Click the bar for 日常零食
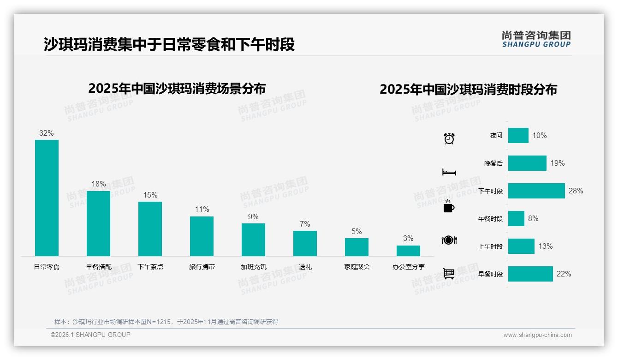coord(47,198)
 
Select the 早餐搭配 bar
coord(98,223)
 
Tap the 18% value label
coord(98,184)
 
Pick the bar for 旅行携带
coord(202,236)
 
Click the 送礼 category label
coord(305,267)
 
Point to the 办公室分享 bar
coord(408,251)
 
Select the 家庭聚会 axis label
coord(357,267)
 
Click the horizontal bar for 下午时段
coord(536,191)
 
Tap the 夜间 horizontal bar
coord(518,135)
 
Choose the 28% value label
coord(576,191)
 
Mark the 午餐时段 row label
coord(490,219)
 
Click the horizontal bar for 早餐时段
coord(530,274)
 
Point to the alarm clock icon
coord(449,138)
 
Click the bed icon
coord(449,172)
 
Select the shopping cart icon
coord(449,273)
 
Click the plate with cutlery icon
coord(449,240)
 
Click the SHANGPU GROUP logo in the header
coord(536,39)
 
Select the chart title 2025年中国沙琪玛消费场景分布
coord(177,88)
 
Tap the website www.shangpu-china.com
coord(537,335)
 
